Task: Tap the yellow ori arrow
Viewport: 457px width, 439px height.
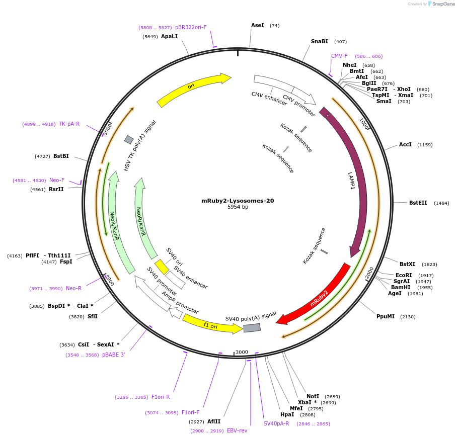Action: [x=191, y=87]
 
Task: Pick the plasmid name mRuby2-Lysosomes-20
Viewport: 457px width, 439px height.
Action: [x=238, y=201]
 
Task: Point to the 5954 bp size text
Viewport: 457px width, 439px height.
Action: [x=238, y=207]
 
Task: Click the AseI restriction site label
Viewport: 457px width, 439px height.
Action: [x=257, y=25]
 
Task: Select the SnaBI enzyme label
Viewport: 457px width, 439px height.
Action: [x=319, y=41]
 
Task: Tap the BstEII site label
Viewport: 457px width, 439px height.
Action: [x=418, y=203]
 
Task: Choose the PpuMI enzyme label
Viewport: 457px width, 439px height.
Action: [x=386, y=316]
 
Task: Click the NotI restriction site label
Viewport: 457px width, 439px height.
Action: [x=313, y=396]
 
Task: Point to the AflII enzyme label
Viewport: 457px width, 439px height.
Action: [x=214, y=421]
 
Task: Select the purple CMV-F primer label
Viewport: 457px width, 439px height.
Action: [x=339, y=56]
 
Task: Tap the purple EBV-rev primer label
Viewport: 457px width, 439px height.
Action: [x=237, y=430]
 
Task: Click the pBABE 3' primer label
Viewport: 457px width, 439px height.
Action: [x=113, y=355]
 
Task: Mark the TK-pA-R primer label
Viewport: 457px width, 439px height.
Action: [x=69, y=124]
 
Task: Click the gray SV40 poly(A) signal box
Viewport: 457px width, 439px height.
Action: [x=252, y=328]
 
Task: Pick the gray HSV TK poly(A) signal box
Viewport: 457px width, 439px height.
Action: [x=129, y=139]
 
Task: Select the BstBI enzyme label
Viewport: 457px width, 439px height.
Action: [x=61, y=156]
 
